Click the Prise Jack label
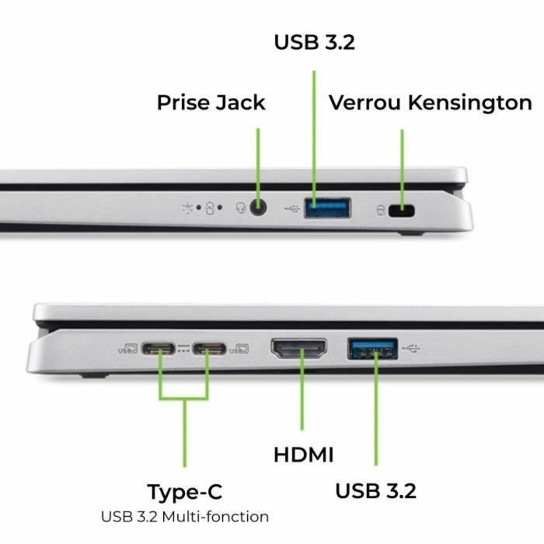211,103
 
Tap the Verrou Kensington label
430,103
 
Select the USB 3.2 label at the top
314,42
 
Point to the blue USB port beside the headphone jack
326,207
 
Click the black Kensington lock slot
402,210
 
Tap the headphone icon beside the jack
241,207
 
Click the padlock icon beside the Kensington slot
380,210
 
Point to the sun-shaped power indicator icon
187,207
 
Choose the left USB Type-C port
161,349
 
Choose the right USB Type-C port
209,349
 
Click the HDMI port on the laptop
298,349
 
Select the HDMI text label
303,455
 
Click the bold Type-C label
184,492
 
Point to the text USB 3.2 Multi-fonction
185,516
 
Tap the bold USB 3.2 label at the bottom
375,491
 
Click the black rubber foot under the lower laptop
94,375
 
